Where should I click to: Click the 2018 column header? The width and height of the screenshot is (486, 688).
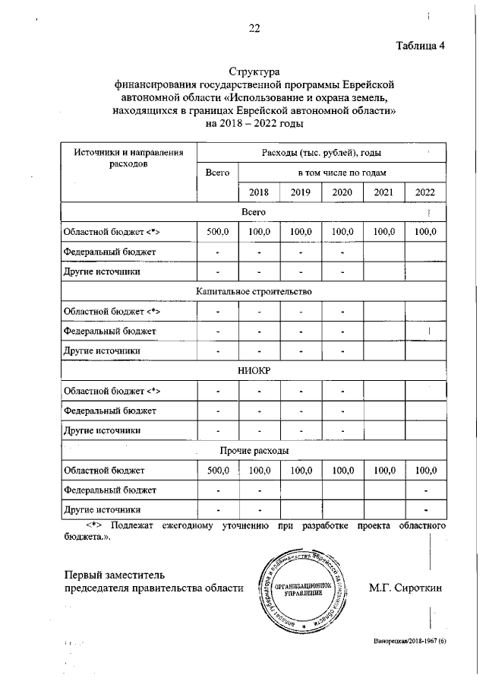pos(259,193)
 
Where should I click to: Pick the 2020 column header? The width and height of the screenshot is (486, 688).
pos(342,193)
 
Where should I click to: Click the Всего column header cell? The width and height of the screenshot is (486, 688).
pos(217,173)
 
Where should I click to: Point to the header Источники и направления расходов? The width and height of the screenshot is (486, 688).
pos(128,158)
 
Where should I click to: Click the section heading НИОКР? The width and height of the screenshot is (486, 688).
pos(254,371)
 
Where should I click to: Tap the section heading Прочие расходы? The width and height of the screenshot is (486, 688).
pos(254,451)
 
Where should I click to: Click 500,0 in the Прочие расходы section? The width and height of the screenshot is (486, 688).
pos(217,471)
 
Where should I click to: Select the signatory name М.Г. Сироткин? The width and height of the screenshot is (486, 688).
pos(405,588)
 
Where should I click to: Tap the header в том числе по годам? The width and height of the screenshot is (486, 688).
pos(342,173)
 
